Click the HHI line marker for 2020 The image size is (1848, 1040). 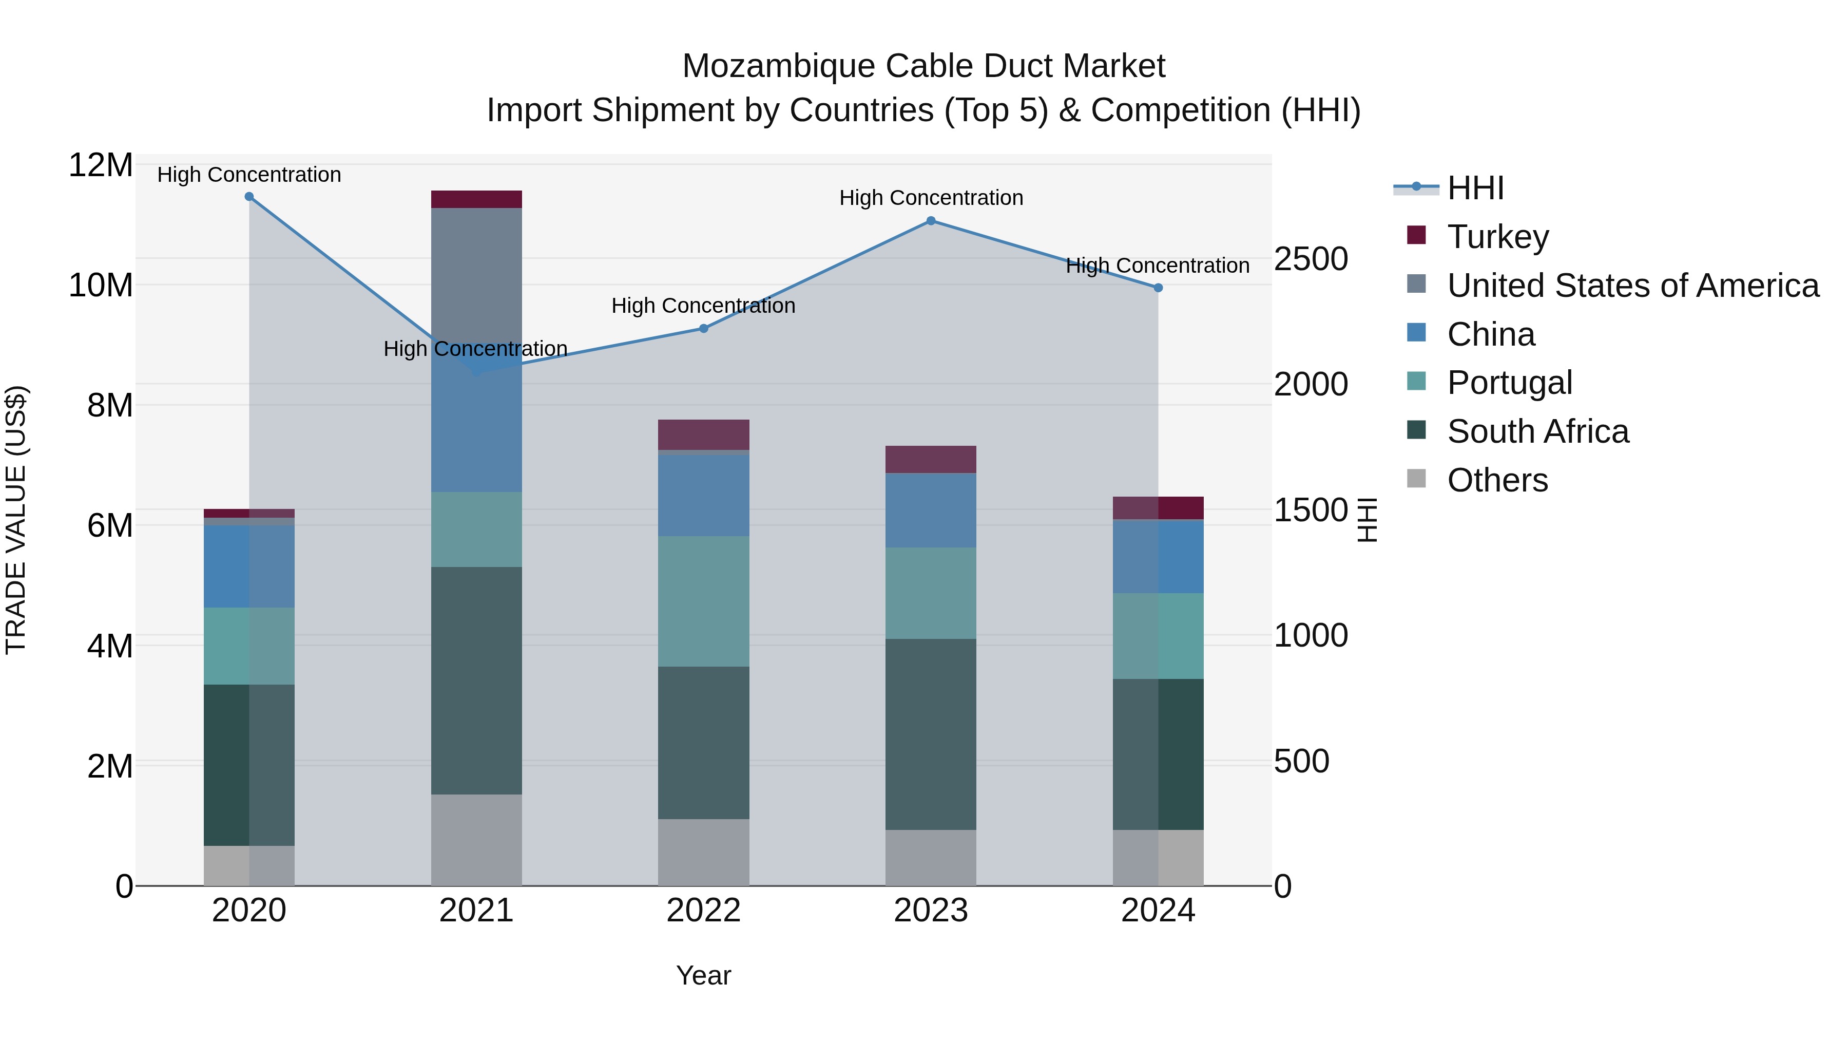(x=249, y=197)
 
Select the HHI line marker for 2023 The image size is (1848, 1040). (x=931, y=221)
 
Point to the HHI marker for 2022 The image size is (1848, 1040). (x=704, y=329)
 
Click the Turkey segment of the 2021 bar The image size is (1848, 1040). (x=476, y=200)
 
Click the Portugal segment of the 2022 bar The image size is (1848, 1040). (x=704, y=601)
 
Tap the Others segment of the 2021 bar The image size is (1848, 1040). (x=476, y=840)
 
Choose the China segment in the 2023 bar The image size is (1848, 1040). (x=931, y=510)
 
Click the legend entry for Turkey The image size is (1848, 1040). (x=1497, y=237)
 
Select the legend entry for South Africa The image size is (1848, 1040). (x=1537, y=431)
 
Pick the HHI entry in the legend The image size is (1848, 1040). (x=1475, y=188)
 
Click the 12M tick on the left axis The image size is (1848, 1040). (x=101, y=166)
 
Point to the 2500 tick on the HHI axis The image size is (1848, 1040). (x=1311, y=259)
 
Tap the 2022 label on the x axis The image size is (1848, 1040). (x=704, y=911)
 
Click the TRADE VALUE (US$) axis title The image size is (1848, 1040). (x=16, y=520)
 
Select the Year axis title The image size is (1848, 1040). (x=704, y=975)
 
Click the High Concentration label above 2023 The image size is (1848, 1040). (x=931, y=198)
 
